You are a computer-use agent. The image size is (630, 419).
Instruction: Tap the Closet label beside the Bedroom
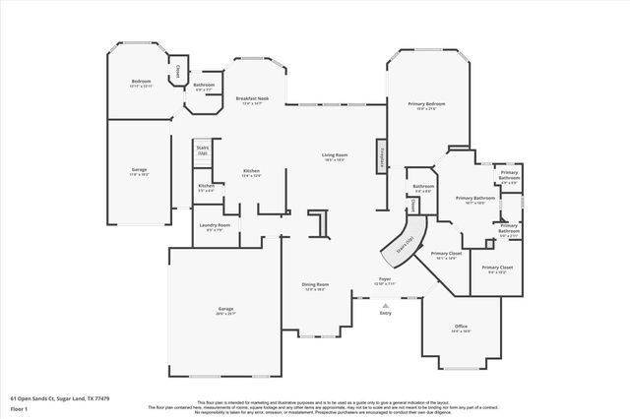coord(177,71)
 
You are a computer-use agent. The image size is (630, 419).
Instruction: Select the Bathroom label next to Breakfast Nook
coord(204,85)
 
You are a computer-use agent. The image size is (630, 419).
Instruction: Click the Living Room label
coord(335,154)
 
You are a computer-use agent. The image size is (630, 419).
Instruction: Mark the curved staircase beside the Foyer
coord(404,244)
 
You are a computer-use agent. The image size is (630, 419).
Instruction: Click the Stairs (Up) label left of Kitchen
coord(202,150)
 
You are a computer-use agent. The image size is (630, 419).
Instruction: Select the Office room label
coord(460,328)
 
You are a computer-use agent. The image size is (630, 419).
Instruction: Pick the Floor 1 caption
coord(20,408)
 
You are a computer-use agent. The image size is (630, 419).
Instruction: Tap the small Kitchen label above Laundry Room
coord(206,186)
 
